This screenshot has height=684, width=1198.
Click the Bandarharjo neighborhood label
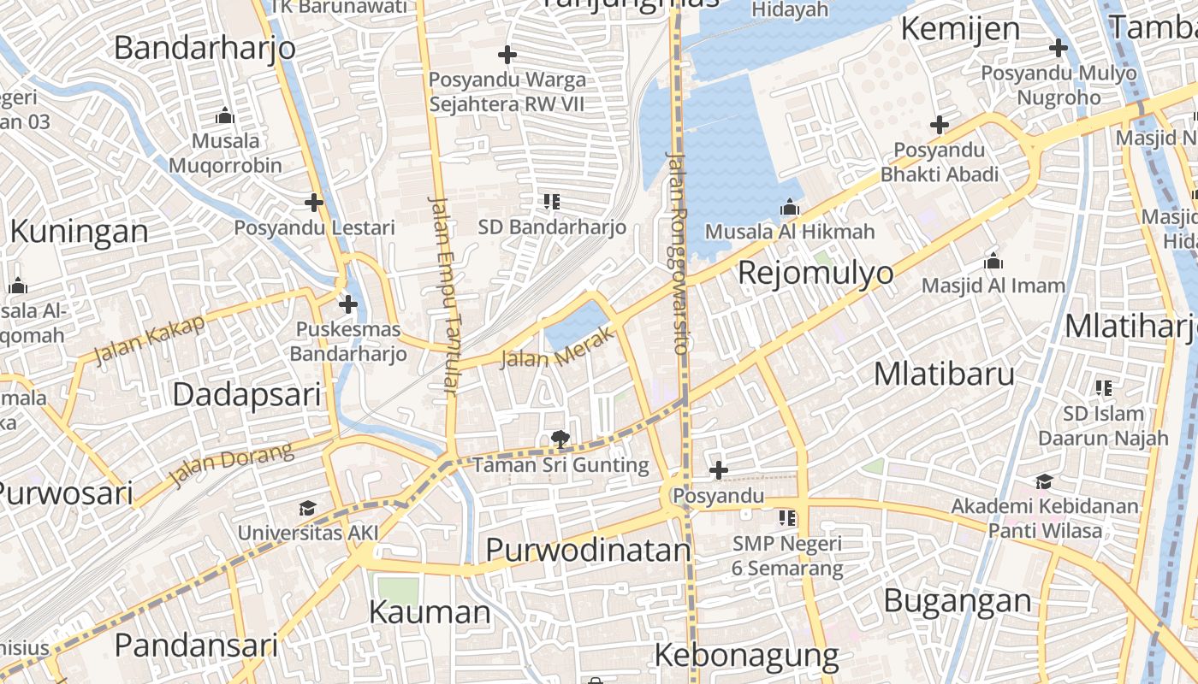coord(205,47)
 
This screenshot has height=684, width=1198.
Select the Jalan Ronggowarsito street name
coord(677,252)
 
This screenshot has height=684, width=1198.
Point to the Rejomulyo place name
coord(815,274)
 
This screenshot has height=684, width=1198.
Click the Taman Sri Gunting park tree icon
coord(560,440)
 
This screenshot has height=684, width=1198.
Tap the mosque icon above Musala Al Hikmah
coord(789,207)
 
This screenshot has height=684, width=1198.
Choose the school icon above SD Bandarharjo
coord(552,203)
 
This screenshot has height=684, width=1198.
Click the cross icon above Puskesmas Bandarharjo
coord(347,304)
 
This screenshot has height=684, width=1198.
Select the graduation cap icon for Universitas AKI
coord(308,509)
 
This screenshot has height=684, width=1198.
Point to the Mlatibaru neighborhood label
coord(945,374)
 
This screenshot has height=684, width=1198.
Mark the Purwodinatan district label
coord(588,550)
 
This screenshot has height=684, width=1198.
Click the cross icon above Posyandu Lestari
coord(314,203)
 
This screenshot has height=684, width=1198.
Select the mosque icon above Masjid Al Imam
coord(993,261)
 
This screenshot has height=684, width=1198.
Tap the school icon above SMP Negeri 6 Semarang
coord(787,517)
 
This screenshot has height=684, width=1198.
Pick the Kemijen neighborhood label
coord(960,29)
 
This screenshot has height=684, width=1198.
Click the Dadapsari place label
coord(246,394)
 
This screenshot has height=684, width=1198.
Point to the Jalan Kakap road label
coord(150,339)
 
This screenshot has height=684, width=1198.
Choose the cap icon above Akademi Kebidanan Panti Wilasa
coord(1044,481)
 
